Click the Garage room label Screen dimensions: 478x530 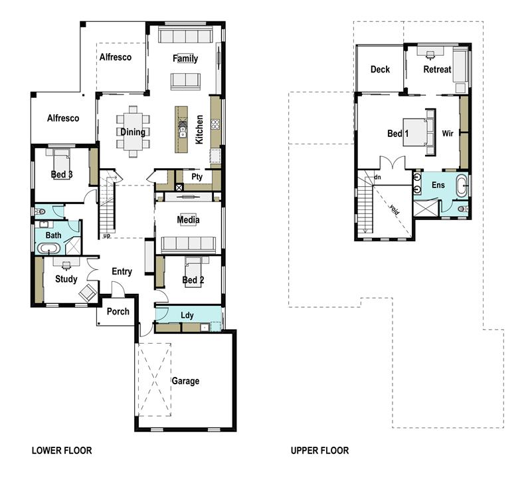[x=186, y=381]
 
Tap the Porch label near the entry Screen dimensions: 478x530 [x=118, y=312]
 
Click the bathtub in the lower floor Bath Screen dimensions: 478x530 [x=48, y=249]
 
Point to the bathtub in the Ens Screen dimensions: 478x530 [x=462, y=185]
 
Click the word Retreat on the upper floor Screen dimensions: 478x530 [x=437, y=69]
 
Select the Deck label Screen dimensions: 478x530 [x=380, y=69]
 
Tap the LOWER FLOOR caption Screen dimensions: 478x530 [x=62, y=451]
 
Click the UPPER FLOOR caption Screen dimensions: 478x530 [x=319, y=451]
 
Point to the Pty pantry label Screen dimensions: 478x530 [x=197, y=178]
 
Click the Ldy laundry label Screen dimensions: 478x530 [x=187, y=315]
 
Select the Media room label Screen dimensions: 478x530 [x=188, y=220]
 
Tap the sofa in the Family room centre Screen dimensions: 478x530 [x=185, y=81]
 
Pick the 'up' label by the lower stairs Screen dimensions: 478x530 [x=106, y=235]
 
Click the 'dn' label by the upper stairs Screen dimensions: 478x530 [x=377, y=178]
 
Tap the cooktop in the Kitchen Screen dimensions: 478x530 [x=215, y=124]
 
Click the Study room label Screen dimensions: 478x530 [x=66, y=279]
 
